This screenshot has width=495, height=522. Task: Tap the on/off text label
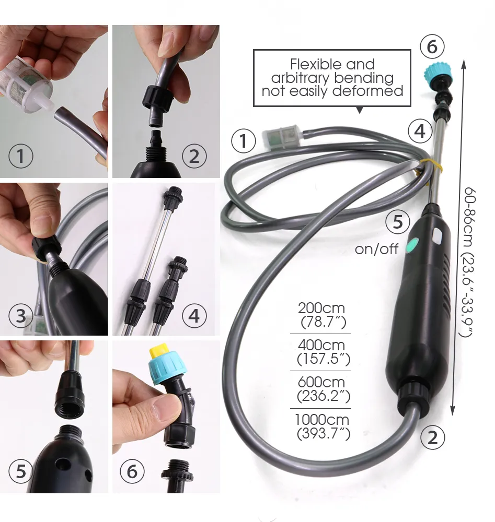click(x=376, y=249)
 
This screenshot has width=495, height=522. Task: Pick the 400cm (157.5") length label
click(x=321, y=352)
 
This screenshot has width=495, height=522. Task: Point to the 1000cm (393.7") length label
click(x=321, y=426)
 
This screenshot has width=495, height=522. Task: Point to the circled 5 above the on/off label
click(x=398, y=222)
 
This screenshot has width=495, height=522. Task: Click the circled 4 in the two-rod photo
click(x=194, y=316)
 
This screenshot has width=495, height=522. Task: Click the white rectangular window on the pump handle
click(x=437, y=236)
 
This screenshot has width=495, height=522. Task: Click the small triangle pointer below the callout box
click(x=359, y=110)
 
